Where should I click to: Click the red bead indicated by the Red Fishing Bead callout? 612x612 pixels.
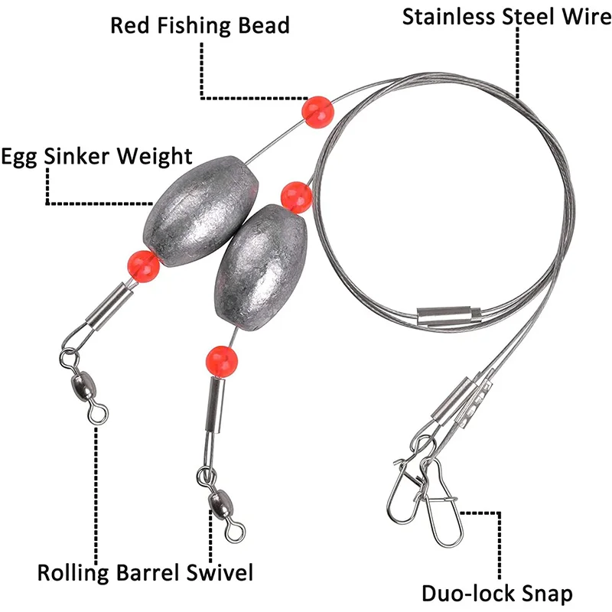tap(317, 112)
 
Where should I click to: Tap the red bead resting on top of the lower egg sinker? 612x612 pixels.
tap(296, 197)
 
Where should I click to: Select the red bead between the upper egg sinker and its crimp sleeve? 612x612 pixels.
tap(142, 265)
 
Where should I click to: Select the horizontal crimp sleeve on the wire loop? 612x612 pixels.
tap(449, 314)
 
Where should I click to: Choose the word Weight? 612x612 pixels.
tap(155, 157)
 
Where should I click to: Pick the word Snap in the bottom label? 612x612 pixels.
tap(545, 593)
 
